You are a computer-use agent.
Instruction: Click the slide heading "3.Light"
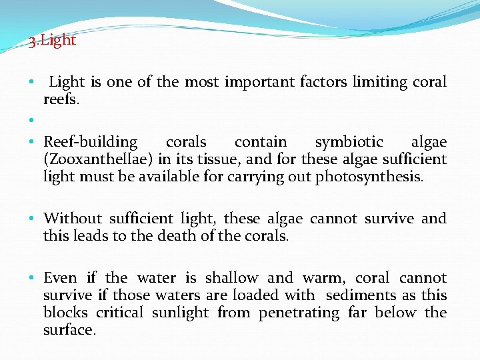(x=53, y=41)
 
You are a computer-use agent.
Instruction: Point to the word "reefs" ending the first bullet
(x=60, y=100)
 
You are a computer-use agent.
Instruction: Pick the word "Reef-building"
(x=90, y=142)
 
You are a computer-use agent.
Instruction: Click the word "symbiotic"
(x=349, y=142)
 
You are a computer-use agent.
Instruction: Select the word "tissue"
(x=193, y=159)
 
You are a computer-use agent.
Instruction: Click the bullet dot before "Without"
(x=31, y=219)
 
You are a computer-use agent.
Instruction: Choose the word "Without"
(x=73, y=219)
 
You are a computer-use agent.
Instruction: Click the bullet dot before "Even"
(x=31, y=278)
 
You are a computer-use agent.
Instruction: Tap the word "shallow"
(x=231, y=278)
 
